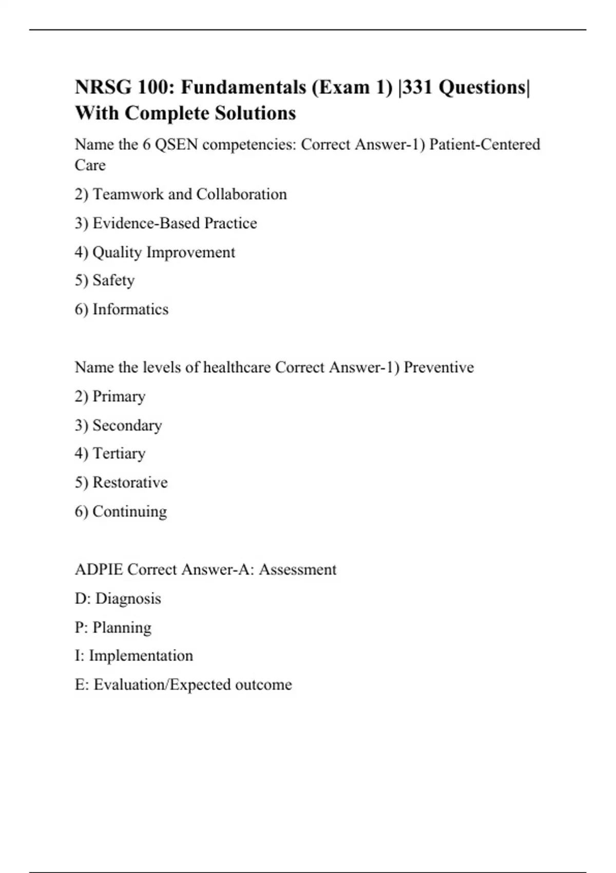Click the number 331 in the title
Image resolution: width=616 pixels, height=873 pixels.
pyautogui.click(x=418, y=87)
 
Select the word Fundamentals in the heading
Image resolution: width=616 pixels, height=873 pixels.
pyautogui.click(x=243, y=87)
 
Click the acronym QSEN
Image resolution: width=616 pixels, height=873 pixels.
pyautogui.click(x=176, y=145)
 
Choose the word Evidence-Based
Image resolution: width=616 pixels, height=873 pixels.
pyautogui.click(x=146, y=223)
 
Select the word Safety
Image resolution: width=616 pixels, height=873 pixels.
pyautogui.click(x=113, y=280)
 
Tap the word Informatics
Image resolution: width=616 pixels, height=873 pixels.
pyautogui.click(x=130, y=309)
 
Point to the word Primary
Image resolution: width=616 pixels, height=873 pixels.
pyautogui.click(x=119, y=396)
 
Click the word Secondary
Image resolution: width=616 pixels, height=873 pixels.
pyautogui.click(x=127, y=425)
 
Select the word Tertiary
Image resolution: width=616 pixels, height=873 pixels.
pyautogui.click(x=119, y=453)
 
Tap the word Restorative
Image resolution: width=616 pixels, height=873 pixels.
pyautogui.click(x=130, y=482)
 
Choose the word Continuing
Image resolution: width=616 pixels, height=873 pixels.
pyautogui.click(x=129, y=511)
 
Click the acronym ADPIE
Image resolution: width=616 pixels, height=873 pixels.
pyautogui.click(x=99, y=570)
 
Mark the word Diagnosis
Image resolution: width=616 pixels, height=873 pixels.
pyautogui.click(x=128, y=599)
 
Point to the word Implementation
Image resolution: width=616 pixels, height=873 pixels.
pyautogui.click(x=141, y=656)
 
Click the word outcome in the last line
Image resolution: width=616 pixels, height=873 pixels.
pyautogui.click(x=263, y=685)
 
